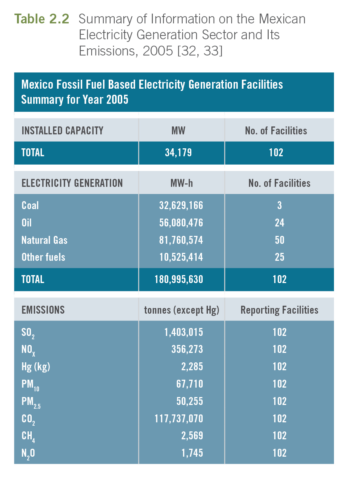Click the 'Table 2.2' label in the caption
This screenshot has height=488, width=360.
(42, 19)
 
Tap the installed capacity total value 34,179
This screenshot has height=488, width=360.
(178, 152)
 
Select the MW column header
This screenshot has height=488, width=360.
(178, 131)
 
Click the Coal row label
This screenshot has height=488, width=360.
(30, 205)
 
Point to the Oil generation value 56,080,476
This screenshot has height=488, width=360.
(181, 223)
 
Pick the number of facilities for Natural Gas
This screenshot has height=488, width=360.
(279, 240)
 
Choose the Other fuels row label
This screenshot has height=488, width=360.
(43, 257)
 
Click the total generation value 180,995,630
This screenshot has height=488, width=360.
(178, 279)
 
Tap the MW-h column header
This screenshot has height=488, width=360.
(182, 183)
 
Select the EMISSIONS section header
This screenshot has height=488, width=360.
(43, 310)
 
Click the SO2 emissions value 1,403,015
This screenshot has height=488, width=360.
(183, 332)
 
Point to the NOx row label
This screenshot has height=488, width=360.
(28, 350)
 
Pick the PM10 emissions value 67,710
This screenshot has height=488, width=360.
(189, 384)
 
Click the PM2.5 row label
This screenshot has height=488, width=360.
(31, 402)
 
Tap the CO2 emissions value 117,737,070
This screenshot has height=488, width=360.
(178, 419)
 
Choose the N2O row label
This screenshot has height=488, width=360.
(28, 453)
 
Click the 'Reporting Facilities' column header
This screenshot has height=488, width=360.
(279, 310)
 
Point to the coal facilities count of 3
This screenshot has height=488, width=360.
(279, 205)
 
